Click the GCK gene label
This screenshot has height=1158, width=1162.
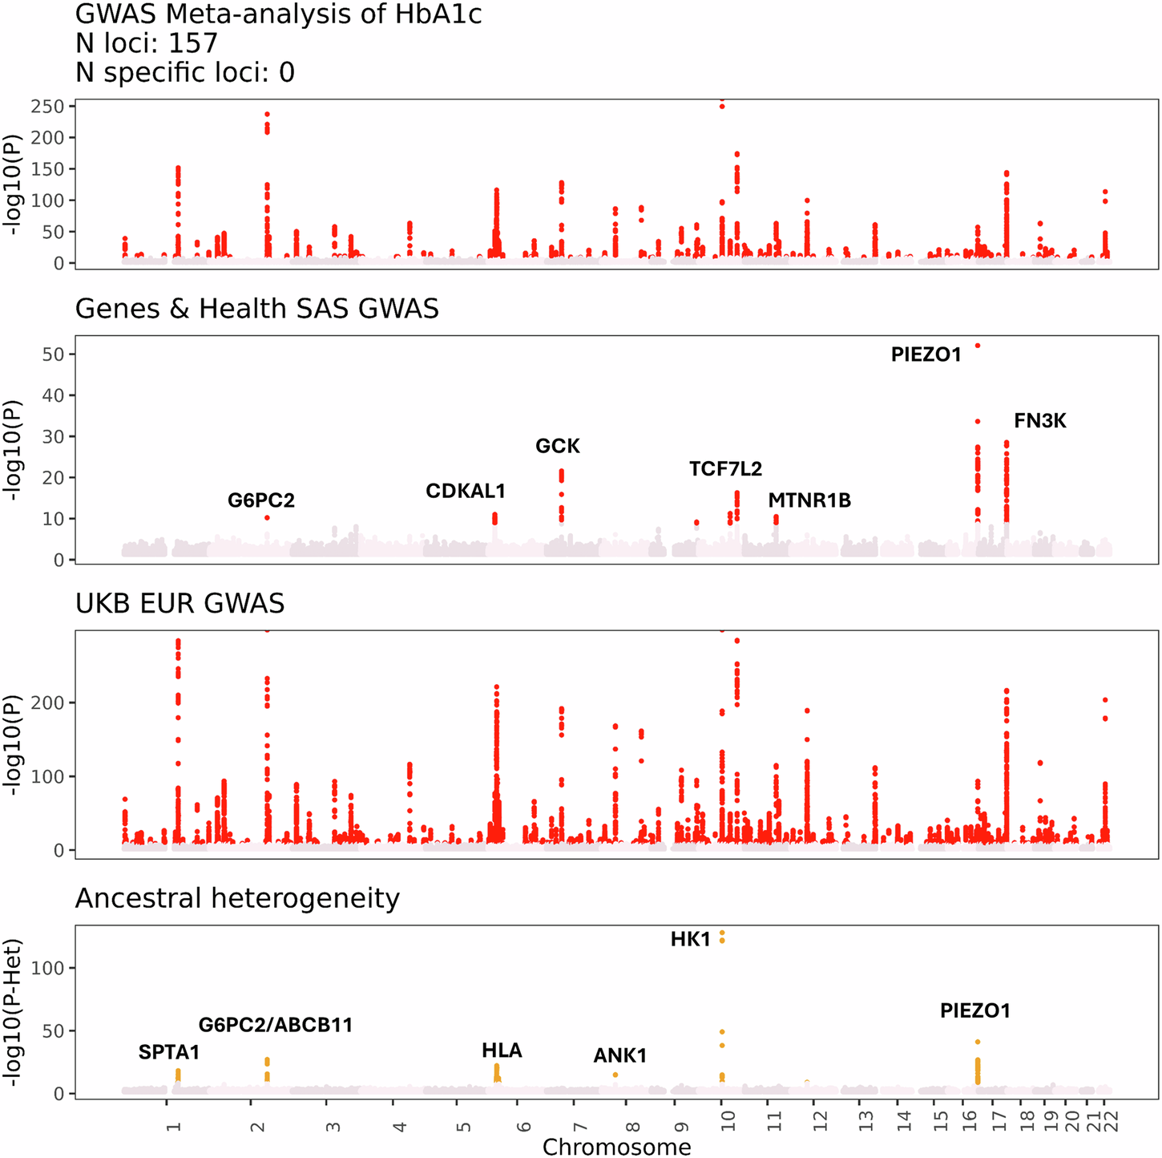[558, 447]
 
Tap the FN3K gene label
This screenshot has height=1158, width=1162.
[1039, 421]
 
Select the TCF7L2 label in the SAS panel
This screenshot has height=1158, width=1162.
[725, 469]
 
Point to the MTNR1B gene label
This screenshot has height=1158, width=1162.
[809, 501]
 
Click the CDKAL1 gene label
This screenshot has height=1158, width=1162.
[466, 491]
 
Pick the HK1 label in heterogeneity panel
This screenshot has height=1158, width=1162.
[690, 939]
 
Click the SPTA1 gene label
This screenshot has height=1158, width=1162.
[168, 1052]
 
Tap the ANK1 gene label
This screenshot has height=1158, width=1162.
[619, 1056]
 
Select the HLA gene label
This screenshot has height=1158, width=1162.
[502, 1051]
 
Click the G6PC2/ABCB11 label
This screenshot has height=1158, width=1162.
[276, 1025]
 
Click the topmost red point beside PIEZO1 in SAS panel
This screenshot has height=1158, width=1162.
[978, 346]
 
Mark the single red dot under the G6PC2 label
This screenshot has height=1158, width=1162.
[267, 518]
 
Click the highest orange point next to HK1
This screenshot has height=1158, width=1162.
[722, 933]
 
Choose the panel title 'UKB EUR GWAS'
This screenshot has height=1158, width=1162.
[180, 603]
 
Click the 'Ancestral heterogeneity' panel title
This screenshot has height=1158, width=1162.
[237, 898]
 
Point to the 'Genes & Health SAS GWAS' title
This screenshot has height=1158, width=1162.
[256, 309]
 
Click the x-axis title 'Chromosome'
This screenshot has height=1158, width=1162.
[616, 1147]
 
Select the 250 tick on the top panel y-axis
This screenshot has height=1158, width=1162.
[49, 107]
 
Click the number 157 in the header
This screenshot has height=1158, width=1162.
[192, 43]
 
